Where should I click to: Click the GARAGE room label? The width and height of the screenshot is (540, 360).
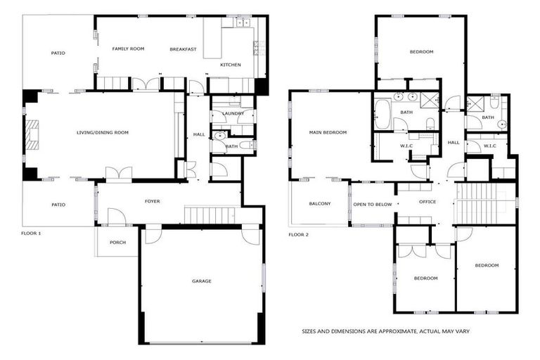(x=201, y=281)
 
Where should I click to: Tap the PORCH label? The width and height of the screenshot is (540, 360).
(x=117, y=243)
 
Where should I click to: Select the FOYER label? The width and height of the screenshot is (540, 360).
(x=152, y=201)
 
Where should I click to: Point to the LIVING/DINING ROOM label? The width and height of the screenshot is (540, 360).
(x=103, y=132)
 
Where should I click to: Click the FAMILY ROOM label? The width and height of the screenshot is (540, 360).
(x=128, y=49)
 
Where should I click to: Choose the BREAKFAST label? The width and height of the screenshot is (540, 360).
(x=183, y=49)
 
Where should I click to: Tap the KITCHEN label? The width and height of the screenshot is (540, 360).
(x=230, y=65)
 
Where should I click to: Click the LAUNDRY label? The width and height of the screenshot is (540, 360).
(x=232, y=113)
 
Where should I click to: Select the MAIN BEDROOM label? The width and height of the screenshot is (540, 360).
(x=328, y=132)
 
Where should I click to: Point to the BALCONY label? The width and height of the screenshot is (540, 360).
(x=320, y=204)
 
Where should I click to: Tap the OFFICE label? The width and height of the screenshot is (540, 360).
(x=427, y=202)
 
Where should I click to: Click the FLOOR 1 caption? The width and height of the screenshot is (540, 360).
(x=31, y=233)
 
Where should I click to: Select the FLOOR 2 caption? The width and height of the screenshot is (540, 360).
(x=299, y=233)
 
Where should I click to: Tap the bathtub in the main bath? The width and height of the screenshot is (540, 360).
(x=382, y=114)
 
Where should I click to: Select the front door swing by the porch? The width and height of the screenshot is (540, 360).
(x=116, y=217)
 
